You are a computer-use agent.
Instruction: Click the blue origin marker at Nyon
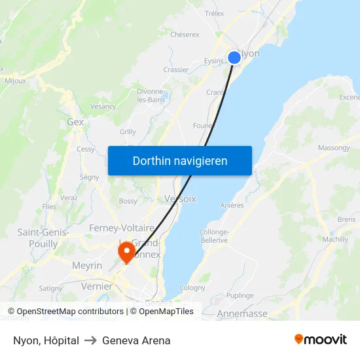234,58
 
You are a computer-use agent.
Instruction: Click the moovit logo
321,340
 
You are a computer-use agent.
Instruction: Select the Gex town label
75,122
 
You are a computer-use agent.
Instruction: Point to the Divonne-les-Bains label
151,96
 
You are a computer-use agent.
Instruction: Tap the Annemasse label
242,314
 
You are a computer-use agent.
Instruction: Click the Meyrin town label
87,265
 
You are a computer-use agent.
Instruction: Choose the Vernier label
96,286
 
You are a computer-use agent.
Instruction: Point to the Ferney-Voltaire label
121,228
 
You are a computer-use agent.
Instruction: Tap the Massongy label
334,148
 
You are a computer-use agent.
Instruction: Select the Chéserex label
185,35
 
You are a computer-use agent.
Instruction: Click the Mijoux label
16,81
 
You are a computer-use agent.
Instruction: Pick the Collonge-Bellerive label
213,236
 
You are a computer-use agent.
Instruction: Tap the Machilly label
335,240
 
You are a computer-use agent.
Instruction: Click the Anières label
232,205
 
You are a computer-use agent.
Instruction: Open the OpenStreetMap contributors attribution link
70,312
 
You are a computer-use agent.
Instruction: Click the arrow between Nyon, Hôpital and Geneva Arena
90,340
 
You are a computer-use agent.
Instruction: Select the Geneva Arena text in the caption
136,340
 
